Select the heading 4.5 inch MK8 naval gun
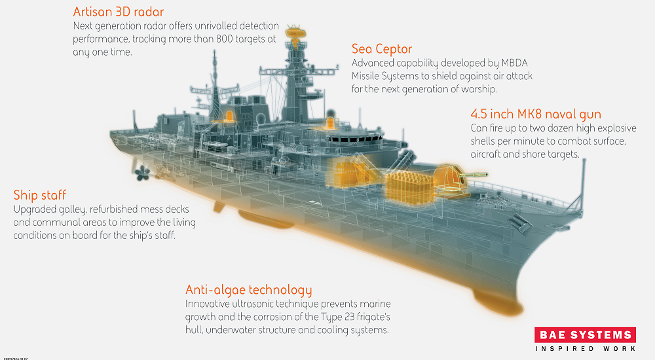click(x=536, y=114)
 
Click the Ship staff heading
click(x=39, y=195)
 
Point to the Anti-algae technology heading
click(x=248, y=290)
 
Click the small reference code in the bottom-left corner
click(x=14, y=358)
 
